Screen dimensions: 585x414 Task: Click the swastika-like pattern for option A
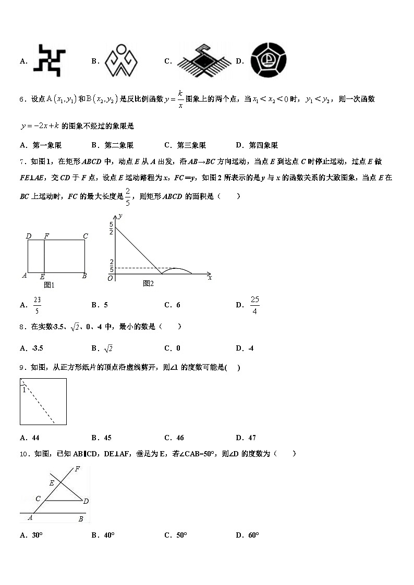tap(50, 60)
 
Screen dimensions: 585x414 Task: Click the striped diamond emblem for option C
tap(204, 61)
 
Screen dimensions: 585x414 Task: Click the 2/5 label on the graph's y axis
tap(111, 266)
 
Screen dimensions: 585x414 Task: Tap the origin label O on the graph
tap(110, 279)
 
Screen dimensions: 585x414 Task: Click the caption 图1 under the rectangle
tap(49, 285)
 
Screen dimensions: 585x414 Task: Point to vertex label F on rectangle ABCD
tap(46, 237)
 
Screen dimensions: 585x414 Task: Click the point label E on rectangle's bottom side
tap(42, 277)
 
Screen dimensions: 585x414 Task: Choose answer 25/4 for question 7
tap(254, 305)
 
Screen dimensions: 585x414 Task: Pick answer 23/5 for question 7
tap(36, 305)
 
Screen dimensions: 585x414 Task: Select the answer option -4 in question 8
tap(251, 348)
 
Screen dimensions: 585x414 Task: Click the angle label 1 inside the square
tap(24, 389)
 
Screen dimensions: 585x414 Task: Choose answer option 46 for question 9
tap(180, 438)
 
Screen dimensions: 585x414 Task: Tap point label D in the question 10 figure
tap(86, 501)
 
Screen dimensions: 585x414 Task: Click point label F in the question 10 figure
tap(77, 469)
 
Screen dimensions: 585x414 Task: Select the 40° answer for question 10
tap(108, 535)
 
